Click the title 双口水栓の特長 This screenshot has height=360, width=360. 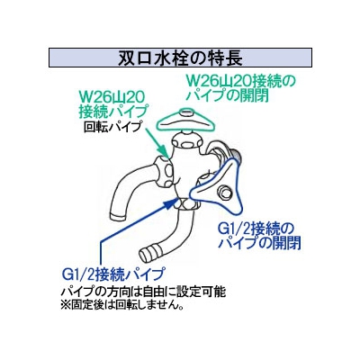click(180, 58)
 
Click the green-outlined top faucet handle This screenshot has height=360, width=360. click(186, 121)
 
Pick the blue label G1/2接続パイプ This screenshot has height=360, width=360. click(113, 274)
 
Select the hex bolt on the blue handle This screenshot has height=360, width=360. click(224, 192)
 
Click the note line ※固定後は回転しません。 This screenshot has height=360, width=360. click(122, 305)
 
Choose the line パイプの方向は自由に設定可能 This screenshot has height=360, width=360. click(143, 292)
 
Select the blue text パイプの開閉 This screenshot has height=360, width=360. click(259, 244)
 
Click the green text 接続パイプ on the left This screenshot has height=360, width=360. click(113, 112)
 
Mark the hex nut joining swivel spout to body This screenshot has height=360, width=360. click(163, 170)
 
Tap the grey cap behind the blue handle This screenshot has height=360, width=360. click(237, 156)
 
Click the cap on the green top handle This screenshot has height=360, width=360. click(186, 113)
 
